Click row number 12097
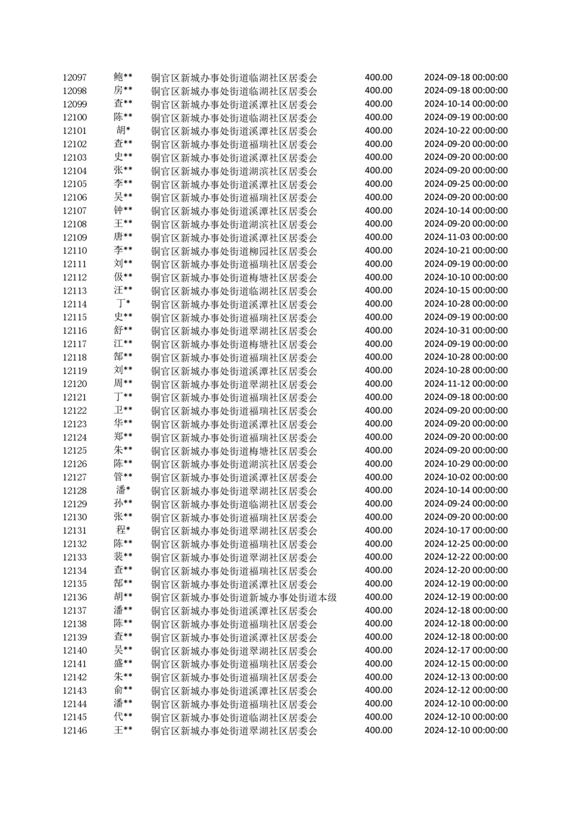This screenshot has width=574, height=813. pos(75,78)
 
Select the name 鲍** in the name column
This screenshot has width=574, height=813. pos(123,78)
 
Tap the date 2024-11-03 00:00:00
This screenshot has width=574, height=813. pos(465,237)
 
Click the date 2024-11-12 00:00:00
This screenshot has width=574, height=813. pos(465,383)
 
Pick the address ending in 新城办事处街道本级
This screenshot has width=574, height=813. pos(244,597)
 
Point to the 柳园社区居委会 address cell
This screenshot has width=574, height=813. pos(234,251)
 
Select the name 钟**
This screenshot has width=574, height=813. pos(123,211)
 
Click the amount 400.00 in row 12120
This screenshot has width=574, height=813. pos(379,383)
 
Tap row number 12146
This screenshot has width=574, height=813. pos(75,730)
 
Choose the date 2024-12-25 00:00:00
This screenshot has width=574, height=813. pos(465,543)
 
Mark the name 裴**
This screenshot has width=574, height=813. pos(123,556)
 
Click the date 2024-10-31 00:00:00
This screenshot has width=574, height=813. pos(465,330)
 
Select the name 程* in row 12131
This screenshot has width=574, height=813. pos(123,530)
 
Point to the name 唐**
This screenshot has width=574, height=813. pos(123,237)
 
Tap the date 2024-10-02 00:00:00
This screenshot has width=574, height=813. pos(465,477)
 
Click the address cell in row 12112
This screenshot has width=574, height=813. pos(234,278)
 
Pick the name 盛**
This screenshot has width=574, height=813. pos(123,663)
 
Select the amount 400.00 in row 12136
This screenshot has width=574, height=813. pos(379,597)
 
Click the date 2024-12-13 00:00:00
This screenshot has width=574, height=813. pos(465,677)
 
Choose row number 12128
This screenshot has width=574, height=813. pos(75,491)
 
